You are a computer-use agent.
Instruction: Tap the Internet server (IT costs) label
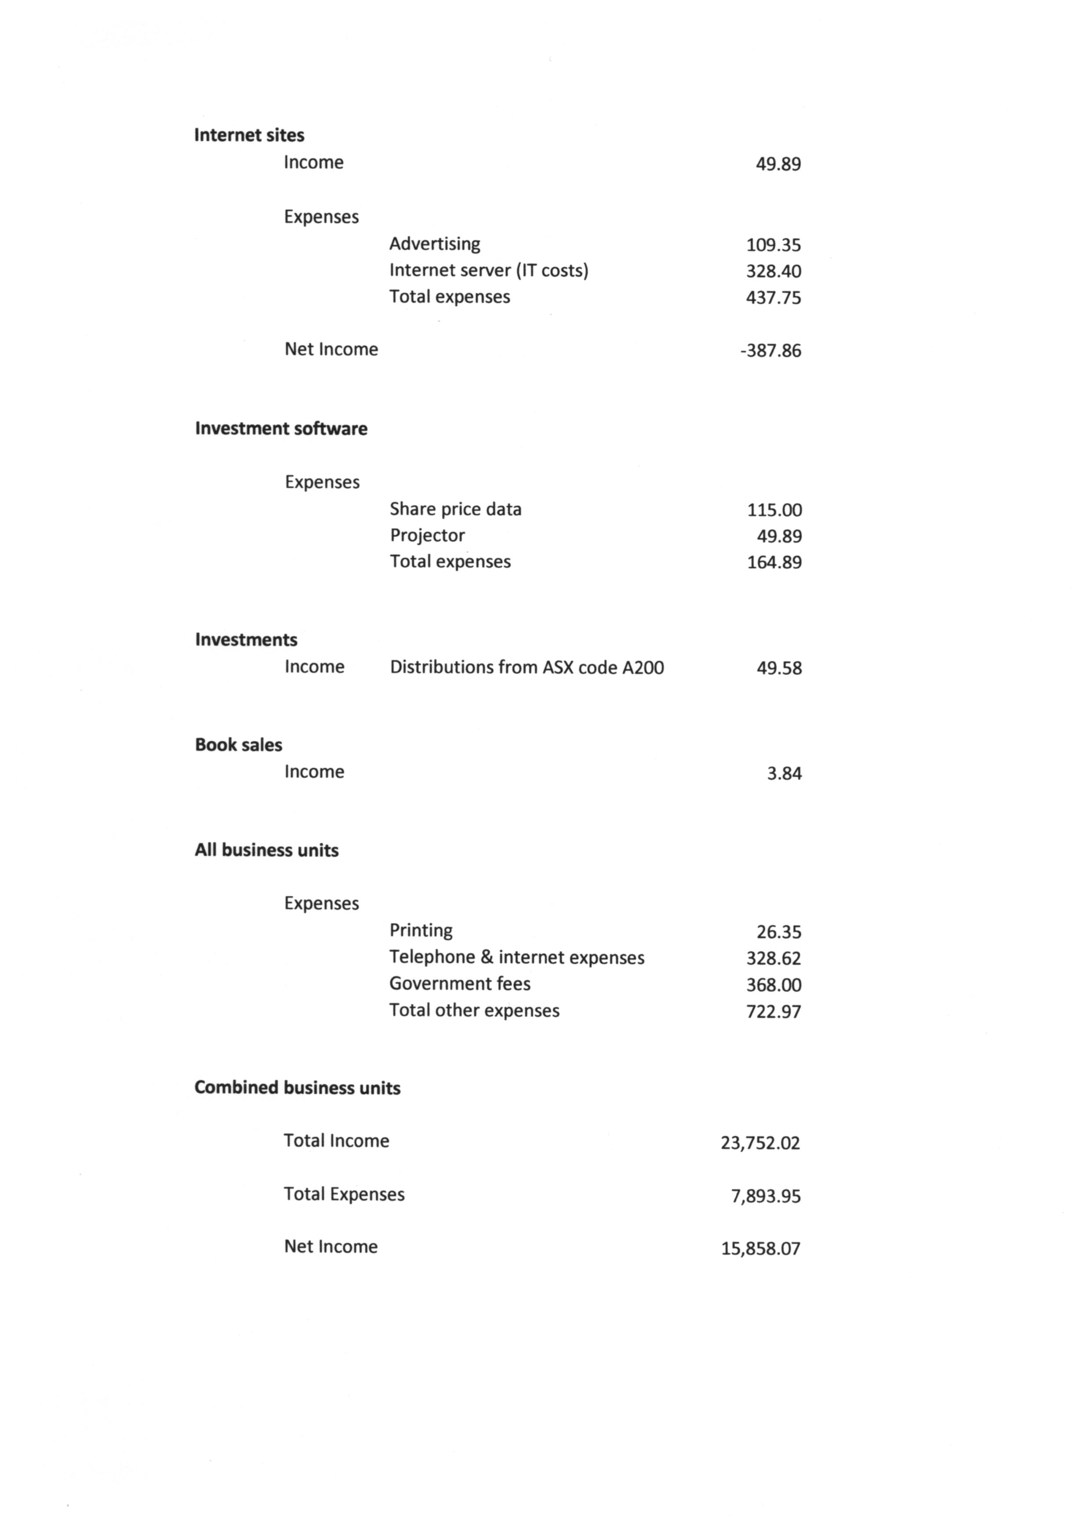click(489, 270)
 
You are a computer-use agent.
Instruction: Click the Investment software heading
click(281, 429)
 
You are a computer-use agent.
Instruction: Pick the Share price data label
click(456, 509)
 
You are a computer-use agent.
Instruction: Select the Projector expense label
click(428, 535)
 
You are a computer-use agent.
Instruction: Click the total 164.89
click(774, 562)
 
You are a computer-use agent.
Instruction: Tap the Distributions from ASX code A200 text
click(527, 667)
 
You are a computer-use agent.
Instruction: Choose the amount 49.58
click(779, 668)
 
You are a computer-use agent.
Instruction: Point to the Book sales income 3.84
click(784, 773)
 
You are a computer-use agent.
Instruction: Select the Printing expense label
click(421, 930)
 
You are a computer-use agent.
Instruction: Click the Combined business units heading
click(298, 1088)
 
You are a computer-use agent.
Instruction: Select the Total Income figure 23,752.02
click(760, 1143)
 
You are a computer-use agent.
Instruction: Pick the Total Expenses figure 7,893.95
click(766, 1196)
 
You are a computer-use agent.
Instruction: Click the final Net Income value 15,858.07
click(760, 1248)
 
